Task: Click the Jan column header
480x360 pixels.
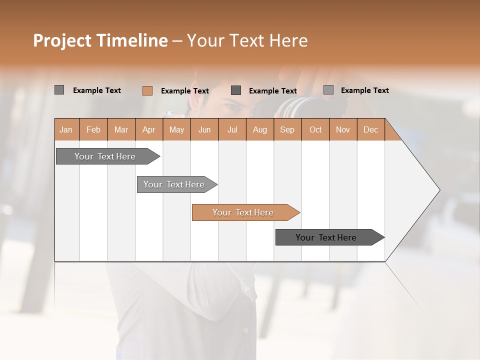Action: pos(66,129)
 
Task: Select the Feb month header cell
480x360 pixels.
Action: pos(93,129)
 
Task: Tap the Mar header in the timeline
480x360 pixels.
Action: pos(121,129)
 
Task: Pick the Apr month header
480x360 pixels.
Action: pos(149,129)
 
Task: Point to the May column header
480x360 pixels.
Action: pos(176,129)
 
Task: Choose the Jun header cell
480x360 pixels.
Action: pos(204,129)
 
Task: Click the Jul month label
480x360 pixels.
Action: pos(232,129)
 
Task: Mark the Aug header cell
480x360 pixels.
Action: pos(260,129)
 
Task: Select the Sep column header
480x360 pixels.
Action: pos(287,129)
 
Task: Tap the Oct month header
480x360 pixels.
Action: pos(315,129)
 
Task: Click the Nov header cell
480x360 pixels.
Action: pos(343,129)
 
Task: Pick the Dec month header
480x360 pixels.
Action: pos(371,129)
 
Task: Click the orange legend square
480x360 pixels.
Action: pos(147,90)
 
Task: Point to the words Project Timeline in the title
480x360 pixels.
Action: pos(100,40)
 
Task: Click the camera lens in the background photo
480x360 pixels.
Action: pos(295,106)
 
